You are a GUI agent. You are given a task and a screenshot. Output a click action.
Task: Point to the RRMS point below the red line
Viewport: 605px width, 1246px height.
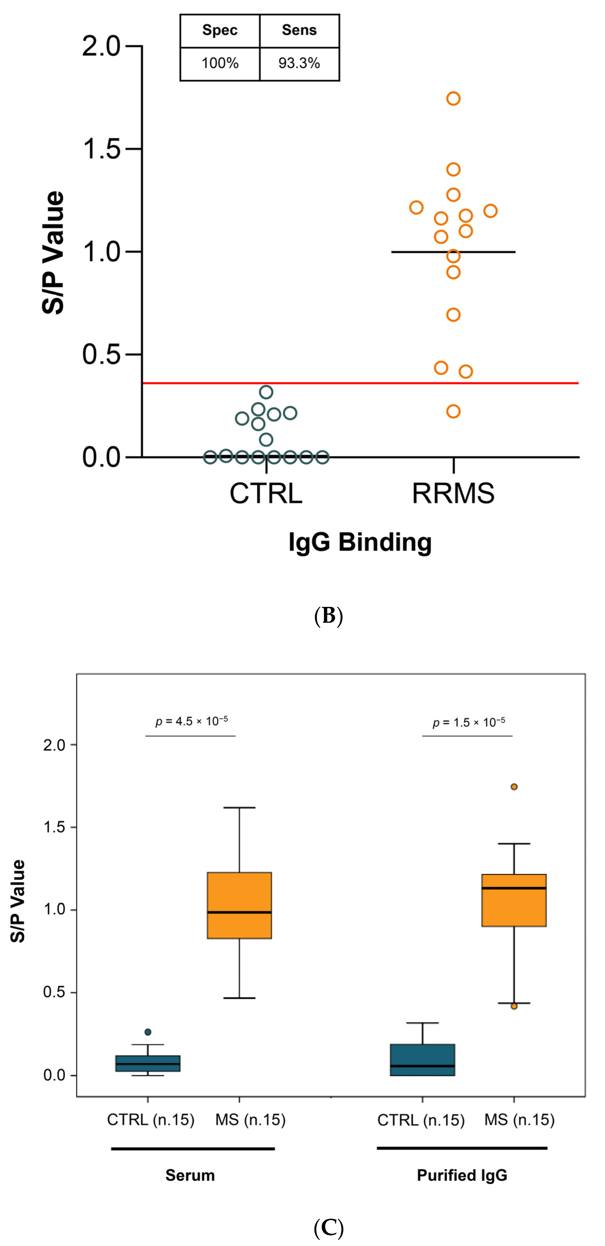[x=453, y=412]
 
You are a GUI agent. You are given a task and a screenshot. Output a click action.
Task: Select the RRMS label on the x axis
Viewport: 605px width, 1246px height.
[x=453, y=493]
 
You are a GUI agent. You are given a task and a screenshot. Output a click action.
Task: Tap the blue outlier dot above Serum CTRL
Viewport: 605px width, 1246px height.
[x=148, y=1032]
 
